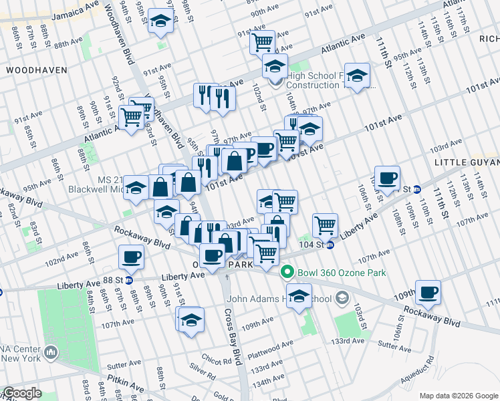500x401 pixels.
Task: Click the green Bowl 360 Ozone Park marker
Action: pos(287,272)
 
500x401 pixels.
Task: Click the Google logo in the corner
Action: pos(21,394)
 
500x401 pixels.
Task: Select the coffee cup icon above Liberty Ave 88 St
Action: pos(131,256)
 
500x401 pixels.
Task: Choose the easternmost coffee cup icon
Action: pos(428,291)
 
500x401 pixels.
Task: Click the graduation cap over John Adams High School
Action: pos(299,295)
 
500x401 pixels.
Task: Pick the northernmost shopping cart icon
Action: pos(262,41)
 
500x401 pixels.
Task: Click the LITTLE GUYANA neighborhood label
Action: pos(467,162)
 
